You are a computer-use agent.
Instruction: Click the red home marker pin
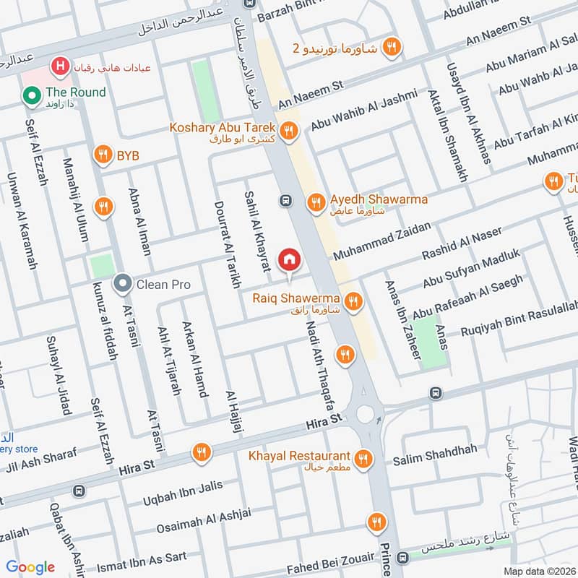coord(289,259)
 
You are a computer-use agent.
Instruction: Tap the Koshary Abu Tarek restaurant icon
coord(288,131)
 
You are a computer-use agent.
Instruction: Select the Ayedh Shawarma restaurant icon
coord(315,203)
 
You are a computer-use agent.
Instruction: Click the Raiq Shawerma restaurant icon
coord(353,301)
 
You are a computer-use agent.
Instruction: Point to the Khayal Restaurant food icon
coord(363,458)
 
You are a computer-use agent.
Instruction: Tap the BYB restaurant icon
coord(103,155)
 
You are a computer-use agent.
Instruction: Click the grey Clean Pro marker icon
coord(122,284)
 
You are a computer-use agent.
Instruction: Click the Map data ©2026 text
coord(538,571)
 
